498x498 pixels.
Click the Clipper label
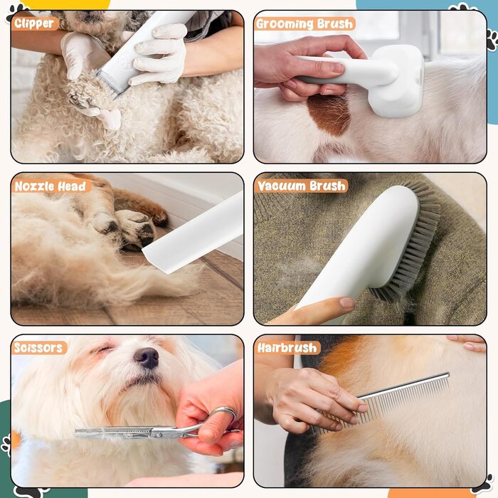(34, 23)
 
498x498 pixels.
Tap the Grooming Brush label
(304, 23)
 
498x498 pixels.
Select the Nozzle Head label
(51, 186)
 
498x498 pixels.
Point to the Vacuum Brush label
(302, 186)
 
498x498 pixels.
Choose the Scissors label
(38, 347)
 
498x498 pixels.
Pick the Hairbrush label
(287, 348)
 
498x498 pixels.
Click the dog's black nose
(147, 357)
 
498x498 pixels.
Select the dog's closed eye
(102, 349)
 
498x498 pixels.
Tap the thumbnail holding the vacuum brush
(346, 302)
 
